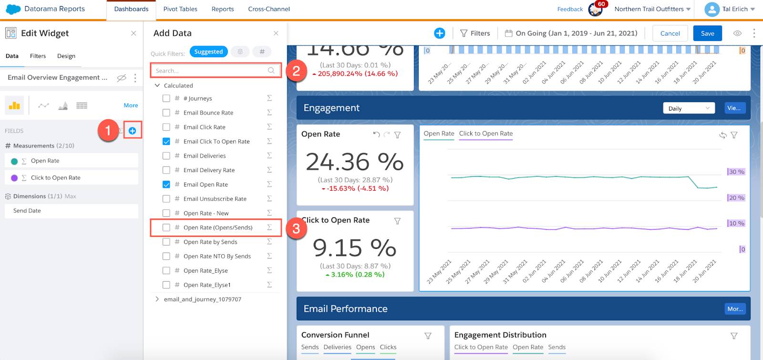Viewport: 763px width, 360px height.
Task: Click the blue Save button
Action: pyautogui.click(x=707, y=33)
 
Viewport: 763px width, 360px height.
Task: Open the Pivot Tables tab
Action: pyautogui.click(x=180, y=9)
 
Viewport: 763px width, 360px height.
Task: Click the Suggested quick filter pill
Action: pyautogui.click(x=208, y=51)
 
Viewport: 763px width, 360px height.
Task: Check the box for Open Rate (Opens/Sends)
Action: pyautogui.click(x=166, y=227)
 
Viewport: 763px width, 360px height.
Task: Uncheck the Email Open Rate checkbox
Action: pyautogui.click(x=166, y=185)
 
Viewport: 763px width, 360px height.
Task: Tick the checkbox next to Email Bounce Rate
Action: pyautogui.click(x=166, y=113)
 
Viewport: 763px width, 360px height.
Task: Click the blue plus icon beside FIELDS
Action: pyautogui.click(x=133, y=131)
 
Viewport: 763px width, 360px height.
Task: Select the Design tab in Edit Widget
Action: pyautogui.click(x=66, y=56)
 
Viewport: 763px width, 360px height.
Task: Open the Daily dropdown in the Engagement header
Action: pyautogui.click(x=688, y=108)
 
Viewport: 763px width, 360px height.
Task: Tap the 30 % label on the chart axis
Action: pyautogui.click(x=736, y=172)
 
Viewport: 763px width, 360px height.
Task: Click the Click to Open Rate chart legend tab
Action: pyautogui.click(x=485, y=134)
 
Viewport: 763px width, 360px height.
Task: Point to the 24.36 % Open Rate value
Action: pyautogui.click(x=354, y=162)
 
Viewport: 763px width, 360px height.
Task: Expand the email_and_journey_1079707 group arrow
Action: pyautogui.click(x=157, y=299)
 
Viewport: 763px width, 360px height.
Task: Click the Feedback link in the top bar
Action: pyautogui.click(x=570, y=9)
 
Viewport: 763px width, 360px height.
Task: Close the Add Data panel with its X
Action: pyautogui.click(x=276, y=33)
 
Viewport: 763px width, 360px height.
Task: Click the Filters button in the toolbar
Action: pyautogui.click(x=475, y=33)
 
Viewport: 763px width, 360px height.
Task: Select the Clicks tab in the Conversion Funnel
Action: pyautogui.click(x=388, y=347)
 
